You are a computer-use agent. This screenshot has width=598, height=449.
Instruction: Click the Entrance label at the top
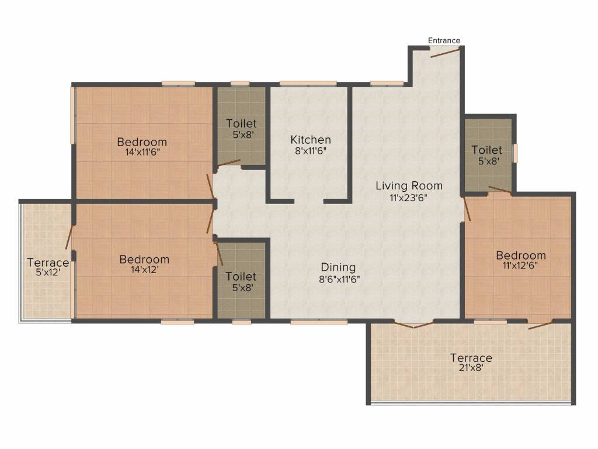tap(444, 40)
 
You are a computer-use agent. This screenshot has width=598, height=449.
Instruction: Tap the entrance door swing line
tap(444, 53)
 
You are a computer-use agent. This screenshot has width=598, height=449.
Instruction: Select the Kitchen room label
tap(311, 140)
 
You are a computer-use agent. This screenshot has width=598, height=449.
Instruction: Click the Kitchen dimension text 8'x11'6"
tap(311, 150)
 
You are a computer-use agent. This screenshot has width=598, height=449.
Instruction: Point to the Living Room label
tap(409, 186)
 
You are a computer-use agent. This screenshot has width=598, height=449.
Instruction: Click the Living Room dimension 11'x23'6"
tap(409, 197)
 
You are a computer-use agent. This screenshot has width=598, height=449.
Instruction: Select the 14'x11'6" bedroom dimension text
tap(142, 152)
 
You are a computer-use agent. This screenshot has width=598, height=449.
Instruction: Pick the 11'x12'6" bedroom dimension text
tap(521, 265)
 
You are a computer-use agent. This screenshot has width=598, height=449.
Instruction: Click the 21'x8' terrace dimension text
tap(471, 368)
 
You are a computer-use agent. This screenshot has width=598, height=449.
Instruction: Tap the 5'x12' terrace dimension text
tap(48, 273)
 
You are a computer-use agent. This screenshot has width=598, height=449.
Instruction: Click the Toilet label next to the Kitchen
tap(241, 124)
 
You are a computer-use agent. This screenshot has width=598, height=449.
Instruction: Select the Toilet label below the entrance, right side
tap(486, 150)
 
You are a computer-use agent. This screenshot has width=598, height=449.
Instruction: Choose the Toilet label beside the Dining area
tap(241, 276)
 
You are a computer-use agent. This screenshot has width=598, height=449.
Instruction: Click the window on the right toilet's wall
tap(515, 153)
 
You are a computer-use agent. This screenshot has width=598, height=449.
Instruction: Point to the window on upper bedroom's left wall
tap(73, 115)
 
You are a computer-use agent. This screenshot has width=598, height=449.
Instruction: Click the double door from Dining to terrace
tap(413, 324)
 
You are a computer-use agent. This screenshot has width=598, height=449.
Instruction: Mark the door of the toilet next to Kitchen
tap(228, 163)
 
